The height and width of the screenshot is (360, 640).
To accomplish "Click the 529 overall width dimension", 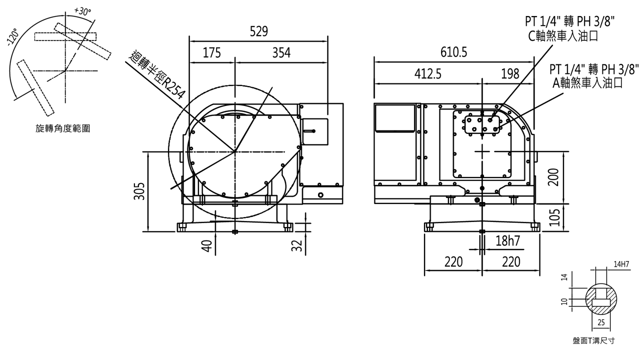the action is [x=258, y=31].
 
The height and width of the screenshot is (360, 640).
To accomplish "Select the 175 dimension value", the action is [x=211, y=53].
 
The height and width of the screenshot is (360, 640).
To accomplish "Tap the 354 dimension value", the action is [x=281, y=53].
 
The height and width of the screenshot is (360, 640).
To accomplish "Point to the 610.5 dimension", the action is [x=453, y=52].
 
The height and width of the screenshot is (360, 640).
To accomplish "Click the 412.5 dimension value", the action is [x=427, y=74].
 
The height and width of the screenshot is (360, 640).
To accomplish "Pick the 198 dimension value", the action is [x=510, y=74].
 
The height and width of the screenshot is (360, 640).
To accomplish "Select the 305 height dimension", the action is [x=139, y=191].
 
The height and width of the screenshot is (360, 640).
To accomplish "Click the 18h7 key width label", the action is [x=507, y=241].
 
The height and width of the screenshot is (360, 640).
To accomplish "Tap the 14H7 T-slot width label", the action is [x=621, y=264].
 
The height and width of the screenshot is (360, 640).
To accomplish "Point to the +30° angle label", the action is [x=82, y=11].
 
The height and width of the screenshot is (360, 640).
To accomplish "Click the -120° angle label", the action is [x=13, y=37].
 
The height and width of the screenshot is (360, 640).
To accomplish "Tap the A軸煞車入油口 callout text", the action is [x=587, y=83].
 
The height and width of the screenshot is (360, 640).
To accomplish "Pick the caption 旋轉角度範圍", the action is [x=62, y=128].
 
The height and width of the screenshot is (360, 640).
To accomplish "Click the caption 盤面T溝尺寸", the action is [x=593, y=340].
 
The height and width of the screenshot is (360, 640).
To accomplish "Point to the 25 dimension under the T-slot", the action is [x=601, y=322].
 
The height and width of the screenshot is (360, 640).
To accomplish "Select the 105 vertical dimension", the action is [x=554, y=217].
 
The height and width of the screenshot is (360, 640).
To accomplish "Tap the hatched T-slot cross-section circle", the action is [x=601, y=299].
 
